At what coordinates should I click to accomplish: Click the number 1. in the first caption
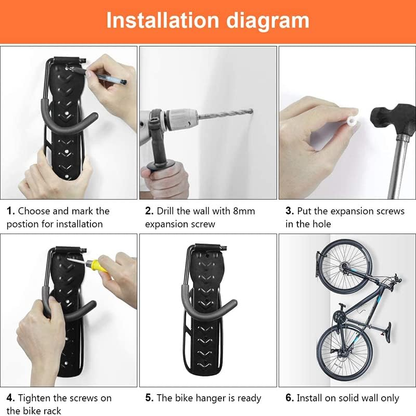pyautogui.click(x=10, y=211)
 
